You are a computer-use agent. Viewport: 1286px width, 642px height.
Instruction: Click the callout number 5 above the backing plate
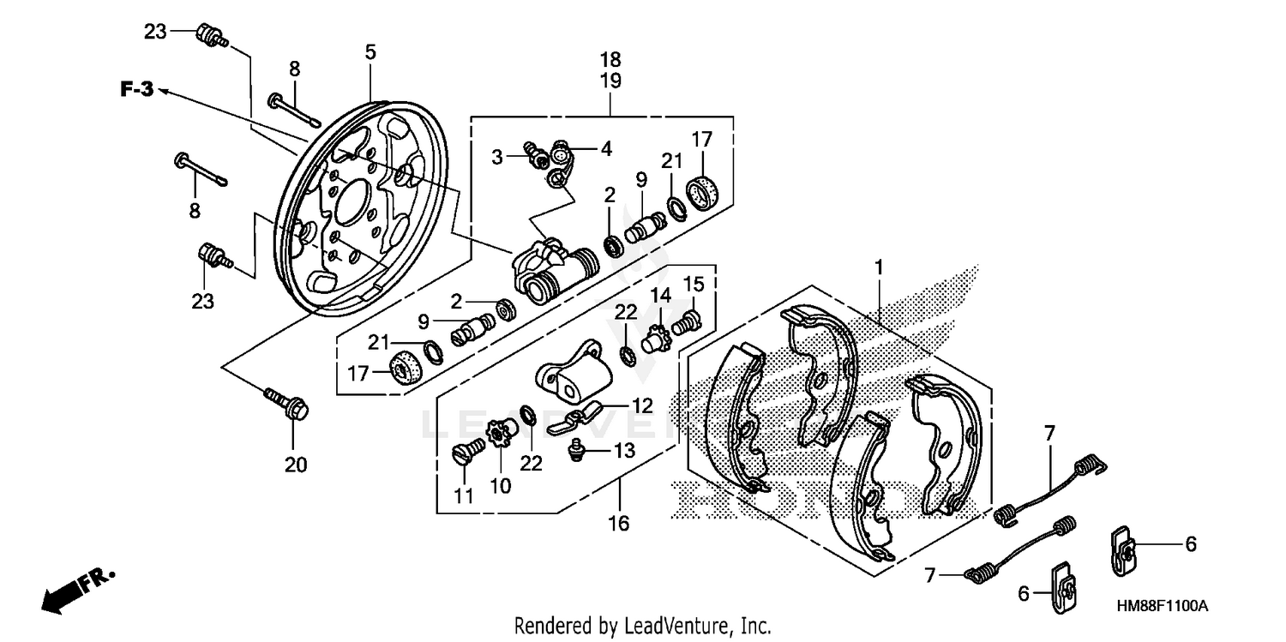pos(370,52)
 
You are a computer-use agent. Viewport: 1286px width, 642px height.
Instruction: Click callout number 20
pos(295,465)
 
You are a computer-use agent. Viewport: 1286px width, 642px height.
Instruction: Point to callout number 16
pos(618,522)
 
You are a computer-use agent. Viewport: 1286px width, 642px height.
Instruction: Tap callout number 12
pos(642,405)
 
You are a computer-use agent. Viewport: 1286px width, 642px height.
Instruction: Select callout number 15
pos(693,283)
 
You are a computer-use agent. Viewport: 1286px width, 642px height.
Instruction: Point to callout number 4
pos(606,148)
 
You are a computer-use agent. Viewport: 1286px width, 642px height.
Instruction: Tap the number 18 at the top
pos(610,60)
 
